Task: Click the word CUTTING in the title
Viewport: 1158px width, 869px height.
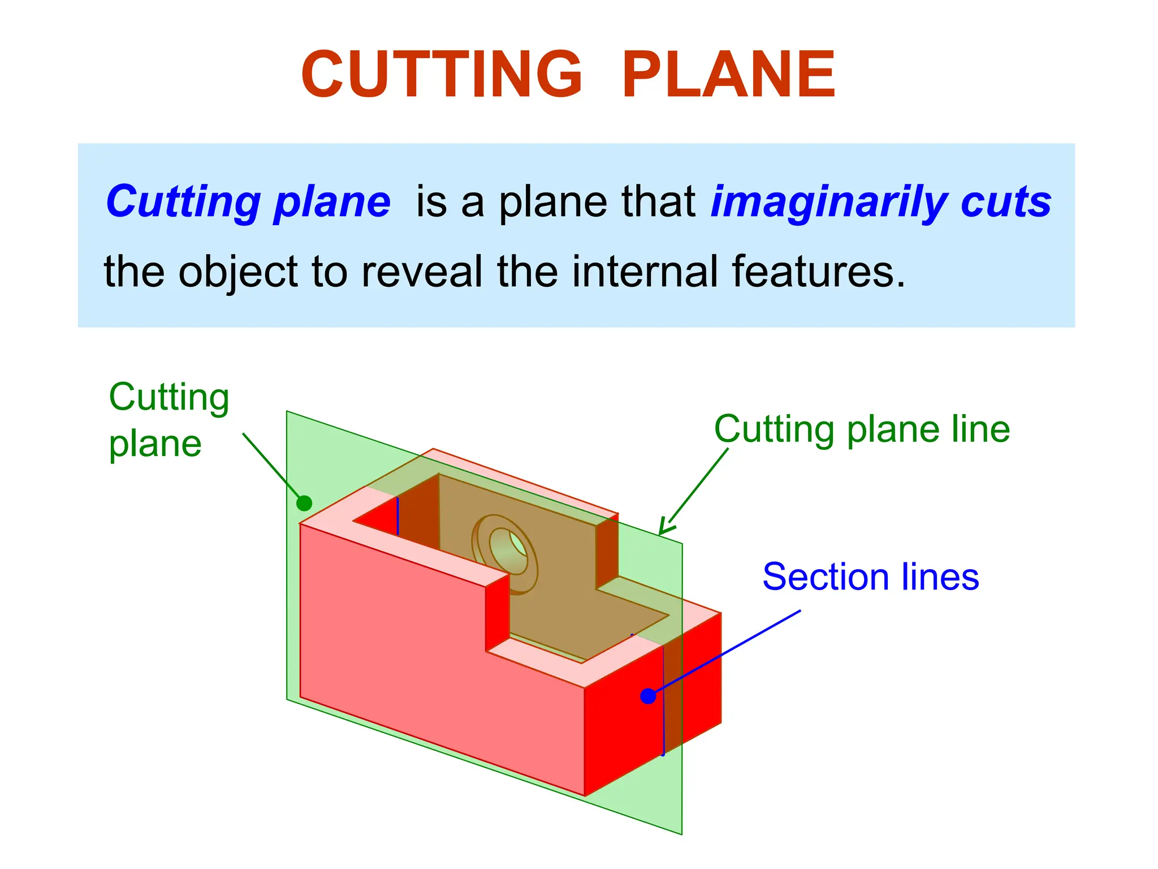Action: point(441,75)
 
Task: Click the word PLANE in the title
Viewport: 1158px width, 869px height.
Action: point(728,75)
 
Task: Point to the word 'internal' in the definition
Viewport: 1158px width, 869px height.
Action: point(645,272)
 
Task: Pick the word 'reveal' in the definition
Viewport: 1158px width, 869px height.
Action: point(422,272)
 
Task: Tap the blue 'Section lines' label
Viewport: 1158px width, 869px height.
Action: point(870,577)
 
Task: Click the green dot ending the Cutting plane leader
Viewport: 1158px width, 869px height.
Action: point(304,503)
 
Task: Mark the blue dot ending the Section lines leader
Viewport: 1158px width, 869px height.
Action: point(648,696)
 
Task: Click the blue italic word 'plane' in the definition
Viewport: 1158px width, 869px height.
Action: point(332,203)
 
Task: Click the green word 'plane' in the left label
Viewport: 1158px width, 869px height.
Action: point(155,445)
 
